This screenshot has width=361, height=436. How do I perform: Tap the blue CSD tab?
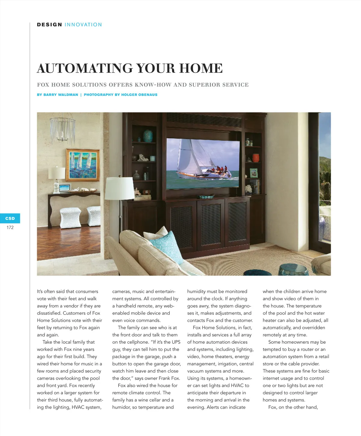[x=10, y=218]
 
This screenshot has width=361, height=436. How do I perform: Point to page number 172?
[x=10, y=228]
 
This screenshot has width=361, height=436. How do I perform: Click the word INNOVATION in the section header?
[x=83, y=25]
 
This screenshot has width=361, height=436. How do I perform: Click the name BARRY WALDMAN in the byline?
[x=61, y=95]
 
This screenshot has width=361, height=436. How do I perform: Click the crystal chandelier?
[x=63, y=129]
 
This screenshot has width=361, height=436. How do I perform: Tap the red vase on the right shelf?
[x=256, y=158]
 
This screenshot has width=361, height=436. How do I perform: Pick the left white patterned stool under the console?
[x=70, y=217]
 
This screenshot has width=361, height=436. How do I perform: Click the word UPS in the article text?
[x=176, y=342]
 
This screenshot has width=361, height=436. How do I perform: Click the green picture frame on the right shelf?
[x=254, y=173]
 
